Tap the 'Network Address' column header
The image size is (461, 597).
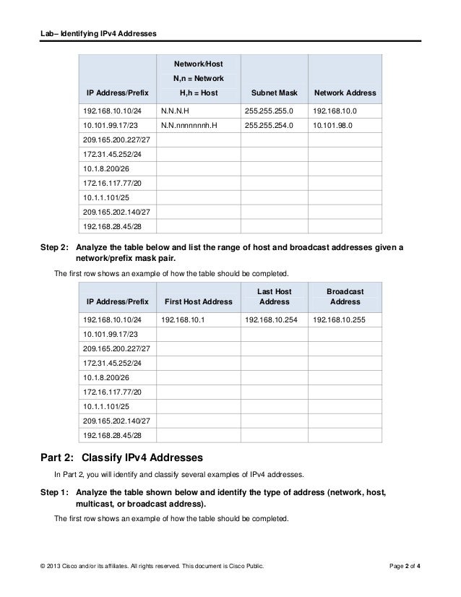[x=344, y=93]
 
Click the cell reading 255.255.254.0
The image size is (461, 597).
[x=269, y=126]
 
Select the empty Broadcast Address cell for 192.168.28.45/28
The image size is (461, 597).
[x=345, y=436]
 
